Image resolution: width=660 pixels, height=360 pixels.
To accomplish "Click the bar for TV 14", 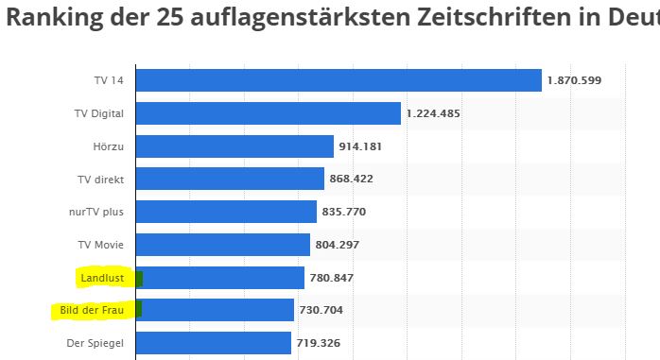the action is pyautogui.click(x=339, y=80).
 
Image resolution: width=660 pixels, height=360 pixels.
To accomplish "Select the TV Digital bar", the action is pyautogui.click(x=269, y=113).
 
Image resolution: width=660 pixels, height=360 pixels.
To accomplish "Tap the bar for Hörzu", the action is pyautogui.click(x=234, y=146).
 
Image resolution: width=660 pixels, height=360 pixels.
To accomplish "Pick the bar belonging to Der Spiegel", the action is pyautogui.click(x=214, y=343).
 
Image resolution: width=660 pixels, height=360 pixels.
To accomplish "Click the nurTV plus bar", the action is pyautogui.click(x=226, y=212).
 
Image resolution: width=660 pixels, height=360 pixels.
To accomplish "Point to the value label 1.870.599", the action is pyautogui.click(x=574, y=80).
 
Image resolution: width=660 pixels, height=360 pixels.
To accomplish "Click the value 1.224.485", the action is pyautogui.click(x=433, y=113).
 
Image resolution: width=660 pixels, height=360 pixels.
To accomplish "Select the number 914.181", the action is pyautogui.click(x=360, y=146).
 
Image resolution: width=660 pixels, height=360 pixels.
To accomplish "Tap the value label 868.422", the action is pyautogui.click(x=352, y=179).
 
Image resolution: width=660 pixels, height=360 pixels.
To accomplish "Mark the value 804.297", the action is pyautogui.click(x=338, y=245).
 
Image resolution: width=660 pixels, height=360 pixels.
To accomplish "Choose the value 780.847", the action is pyautogui.click(x=332, y=278).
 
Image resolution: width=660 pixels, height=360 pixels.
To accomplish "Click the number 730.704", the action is pyautogui.click(x=321, y=310).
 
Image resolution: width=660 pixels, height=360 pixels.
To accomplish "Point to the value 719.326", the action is pyautogui.click(x=319, y=343).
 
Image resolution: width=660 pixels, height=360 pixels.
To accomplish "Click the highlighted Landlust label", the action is pyautogui.click(x=102, y=278).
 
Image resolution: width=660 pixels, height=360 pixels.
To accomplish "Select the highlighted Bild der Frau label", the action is pyautogui.click(x=92, y=310).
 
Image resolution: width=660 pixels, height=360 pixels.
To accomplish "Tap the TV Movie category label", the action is pyautogui.click(x=100, y=245).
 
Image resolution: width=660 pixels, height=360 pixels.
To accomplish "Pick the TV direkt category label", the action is pyautogui.click(x=100, y=180).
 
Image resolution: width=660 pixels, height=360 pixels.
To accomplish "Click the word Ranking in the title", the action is pyautogui.click(x=55, y=17).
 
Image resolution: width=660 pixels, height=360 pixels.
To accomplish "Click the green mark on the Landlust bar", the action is pyautogui.click(x=139, y=279).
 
